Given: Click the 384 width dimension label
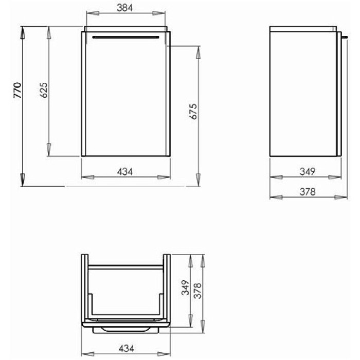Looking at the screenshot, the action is click(x=124, y=8).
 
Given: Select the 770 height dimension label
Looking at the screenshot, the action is click(x=17, y=90).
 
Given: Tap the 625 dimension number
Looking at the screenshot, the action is click(x=43, y=90).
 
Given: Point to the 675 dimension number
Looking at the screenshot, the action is click(x=193, y=112).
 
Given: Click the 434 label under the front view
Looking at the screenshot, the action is click(x=125, y=171).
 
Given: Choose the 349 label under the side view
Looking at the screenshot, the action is click(x=308, y=171).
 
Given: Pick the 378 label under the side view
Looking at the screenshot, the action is click(x=308, y=191).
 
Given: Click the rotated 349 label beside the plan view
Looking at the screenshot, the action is click(x=186, y=287).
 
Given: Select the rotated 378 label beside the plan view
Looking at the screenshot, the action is click(x=197, y=291).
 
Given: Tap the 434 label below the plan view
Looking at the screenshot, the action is click(x=127, y=349).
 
